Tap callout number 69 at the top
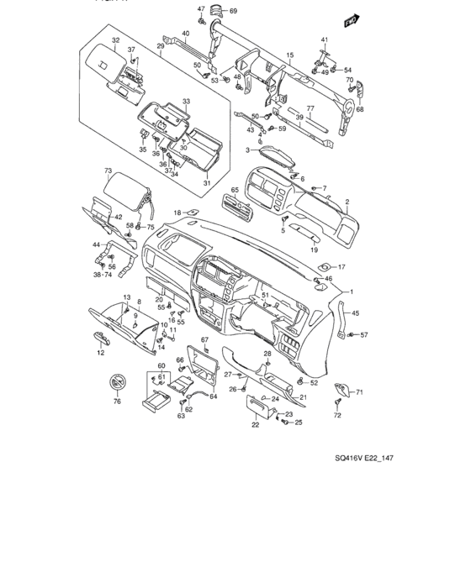(x=234, y=10)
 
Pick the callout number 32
(x=116, y=40)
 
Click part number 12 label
(x=100, y=354)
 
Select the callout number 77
(x=310, y=108)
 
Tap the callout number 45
(x=355, y=313)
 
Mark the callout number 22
(x=254, y=425)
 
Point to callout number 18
(x=177, y=212)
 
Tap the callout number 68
(x=360, y=108)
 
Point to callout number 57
(x=364, y=335)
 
